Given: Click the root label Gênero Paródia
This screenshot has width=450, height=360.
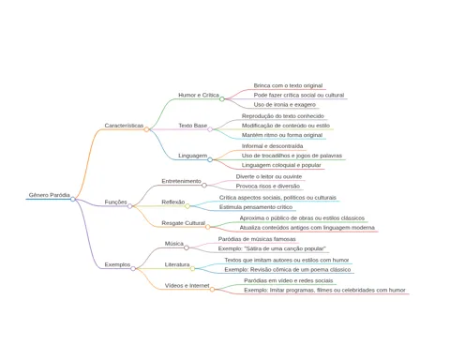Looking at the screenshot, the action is coord(50,195).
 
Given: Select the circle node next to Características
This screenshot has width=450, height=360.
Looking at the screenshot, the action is coord(146,129).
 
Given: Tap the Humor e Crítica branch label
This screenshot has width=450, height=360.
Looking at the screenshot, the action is coord(199,95).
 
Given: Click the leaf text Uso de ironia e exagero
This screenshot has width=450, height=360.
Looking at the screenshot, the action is coord(285,105).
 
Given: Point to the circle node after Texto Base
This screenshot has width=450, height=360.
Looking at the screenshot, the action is coord(210,129).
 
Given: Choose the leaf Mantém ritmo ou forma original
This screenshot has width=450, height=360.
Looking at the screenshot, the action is coord(282,135).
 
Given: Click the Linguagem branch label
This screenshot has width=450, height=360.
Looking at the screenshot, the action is coord(193,156).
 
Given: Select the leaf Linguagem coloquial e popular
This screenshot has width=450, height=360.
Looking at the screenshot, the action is coord(281,165).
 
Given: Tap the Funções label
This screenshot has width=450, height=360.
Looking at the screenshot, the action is coord(115,202).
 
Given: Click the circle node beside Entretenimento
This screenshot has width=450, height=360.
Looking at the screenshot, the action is coord(204,186).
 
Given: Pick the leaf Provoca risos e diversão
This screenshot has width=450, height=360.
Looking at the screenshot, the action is coord(268,186).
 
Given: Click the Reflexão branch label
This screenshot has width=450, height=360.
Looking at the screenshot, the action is coord(173,202).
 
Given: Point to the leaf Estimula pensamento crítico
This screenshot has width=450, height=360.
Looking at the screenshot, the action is coord(256,207).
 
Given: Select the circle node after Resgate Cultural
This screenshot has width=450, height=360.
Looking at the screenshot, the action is coord(208,227).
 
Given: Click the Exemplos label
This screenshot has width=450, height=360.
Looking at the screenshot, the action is coord(117,264).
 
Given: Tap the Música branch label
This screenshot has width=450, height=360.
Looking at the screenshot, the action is coord(174,244).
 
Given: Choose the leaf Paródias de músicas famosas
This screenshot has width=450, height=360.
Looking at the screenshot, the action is coord(257,239).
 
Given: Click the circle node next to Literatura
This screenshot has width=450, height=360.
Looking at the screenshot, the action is coord(193,269).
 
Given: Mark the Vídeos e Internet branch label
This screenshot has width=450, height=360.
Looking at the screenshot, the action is coord(187,286).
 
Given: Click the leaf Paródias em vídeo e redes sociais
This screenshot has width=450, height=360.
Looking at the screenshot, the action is coord(289,280).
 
